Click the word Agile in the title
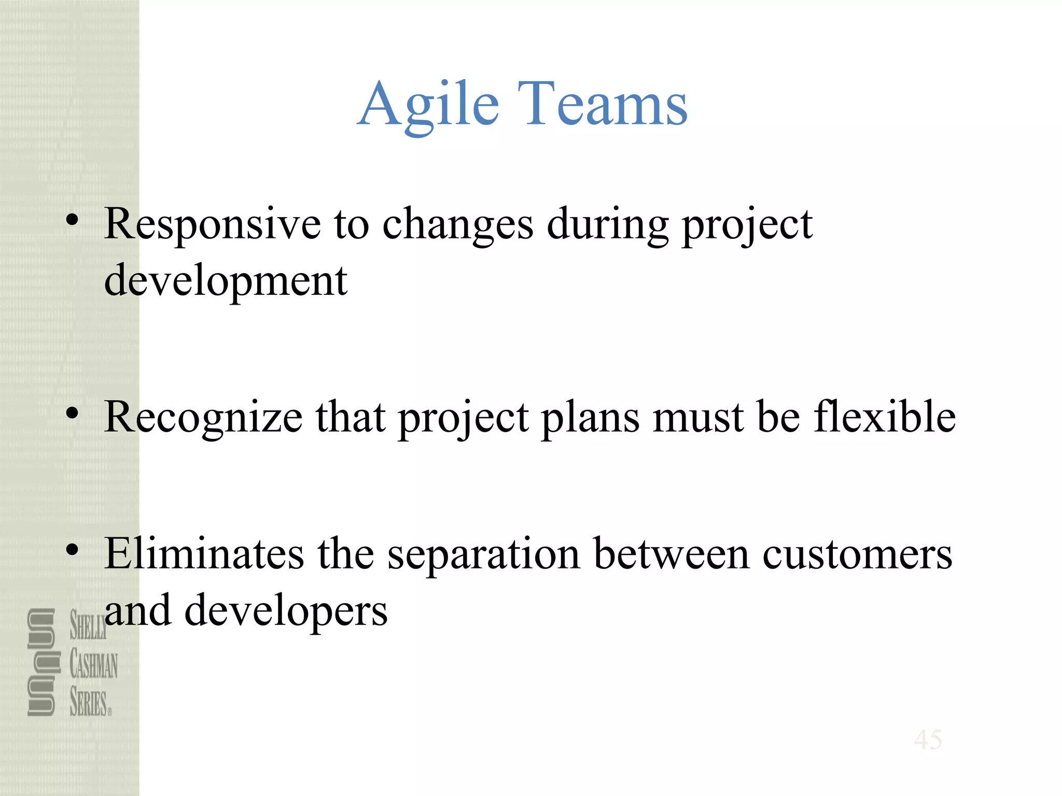pos(428,105)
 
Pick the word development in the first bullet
pos(226,282)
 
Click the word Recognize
pos(203,418)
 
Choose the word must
pos(698,418)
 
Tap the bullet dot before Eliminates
pos(72,550)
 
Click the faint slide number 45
pos(928,740)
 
